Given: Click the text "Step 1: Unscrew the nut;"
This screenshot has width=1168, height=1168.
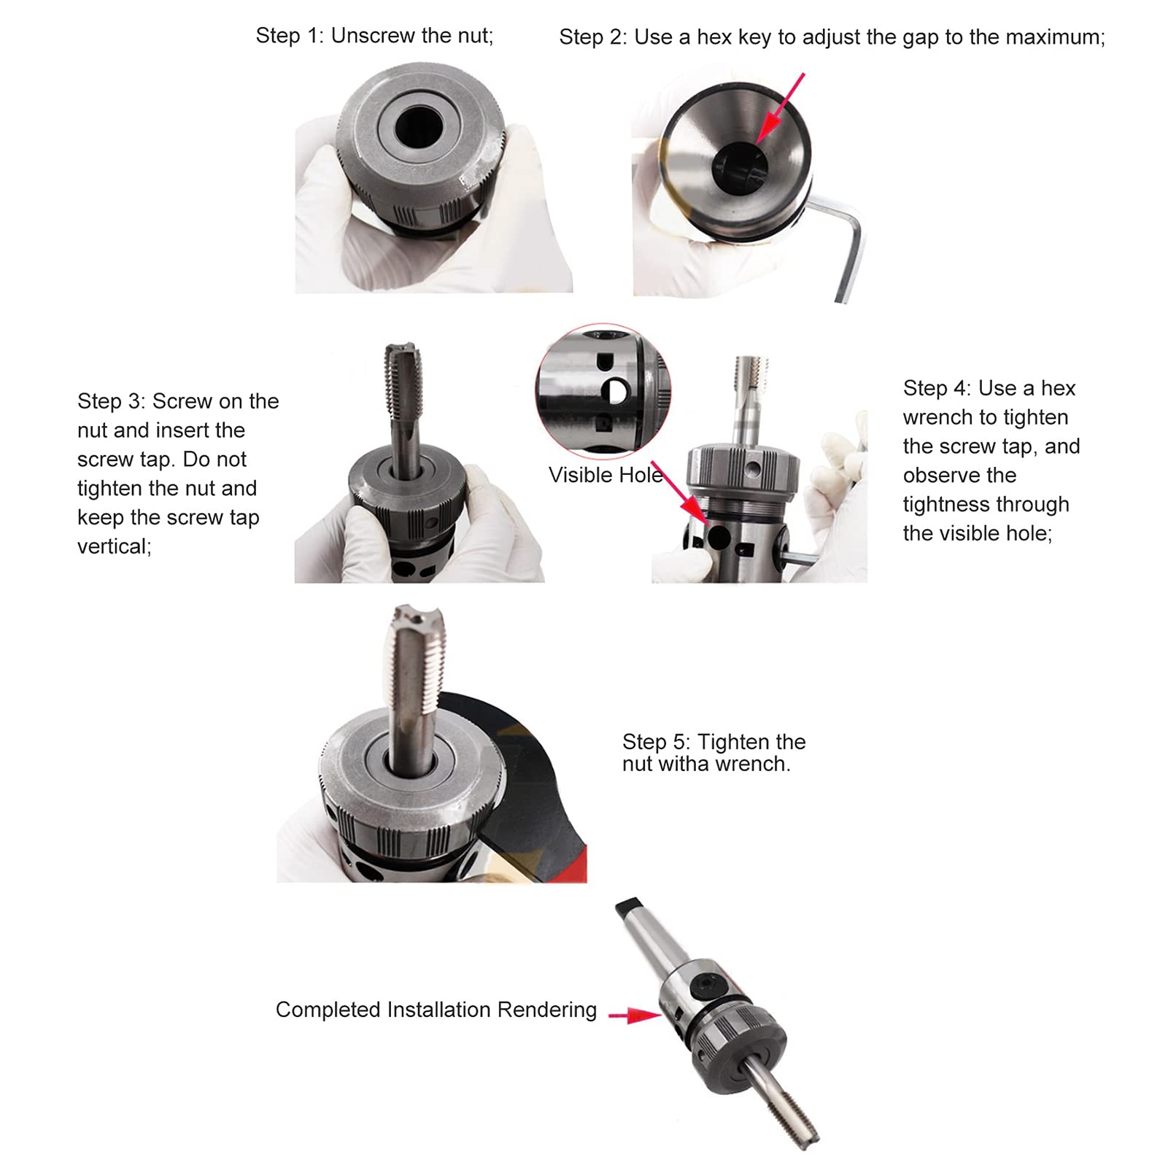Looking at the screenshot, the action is [x=374, y=36].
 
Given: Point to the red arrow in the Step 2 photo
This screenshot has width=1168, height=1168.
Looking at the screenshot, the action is [x=781, y=108].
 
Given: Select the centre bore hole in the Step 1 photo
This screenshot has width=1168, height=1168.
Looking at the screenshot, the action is [x=419, y=125].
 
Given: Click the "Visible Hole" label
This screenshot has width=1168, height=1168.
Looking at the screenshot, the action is [x=606, y=475].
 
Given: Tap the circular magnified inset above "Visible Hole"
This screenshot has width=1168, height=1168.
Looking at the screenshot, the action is [x=603, y=391].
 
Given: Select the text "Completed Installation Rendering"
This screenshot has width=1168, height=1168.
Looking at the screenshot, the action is [x=436, y=1010].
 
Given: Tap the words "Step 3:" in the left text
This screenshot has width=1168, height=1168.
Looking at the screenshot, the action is [x=112, y=401].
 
